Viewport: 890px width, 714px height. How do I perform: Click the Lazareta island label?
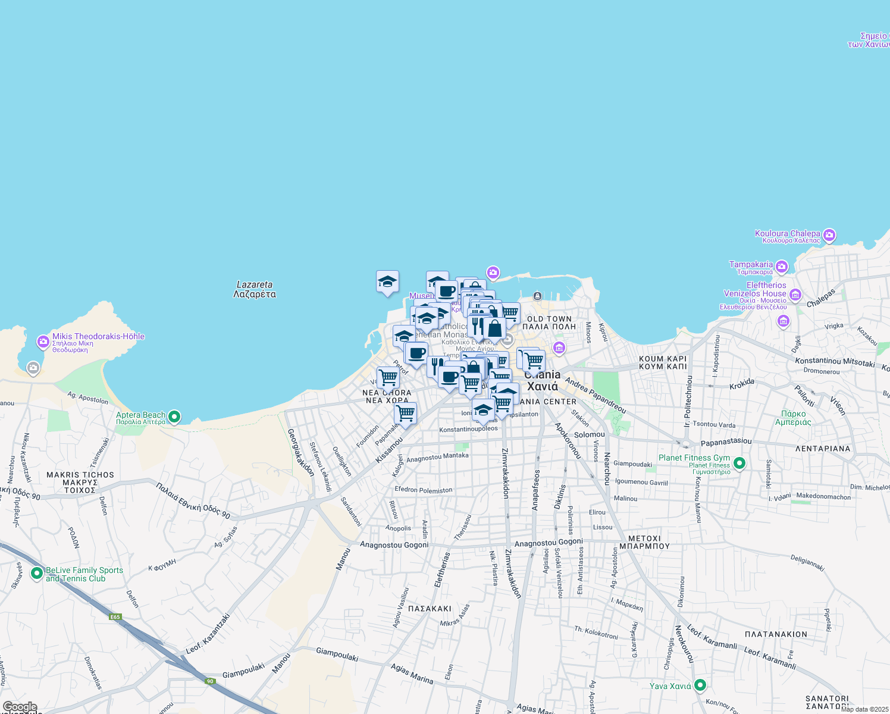point(254,289)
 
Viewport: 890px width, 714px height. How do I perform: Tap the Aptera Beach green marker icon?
point(174,416)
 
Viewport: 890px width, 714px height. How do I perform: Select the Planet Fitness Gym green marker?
point(739,462)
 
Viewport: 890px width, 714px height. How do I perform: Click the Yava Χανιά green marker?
point(700,685)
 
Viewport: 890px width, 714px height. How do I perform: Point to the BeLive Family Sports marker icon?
point(37,574)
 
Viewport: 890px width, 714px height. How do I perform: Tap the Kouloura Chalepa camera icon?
point(829,235)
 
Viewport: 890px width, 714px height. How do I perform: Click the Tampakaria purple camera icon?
point(782,266)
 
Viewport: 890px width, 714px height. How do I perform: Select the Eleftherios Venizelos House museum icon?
point(795,295)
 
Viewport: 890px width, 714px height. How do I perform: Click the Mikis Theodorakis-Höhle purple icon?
point(43,342)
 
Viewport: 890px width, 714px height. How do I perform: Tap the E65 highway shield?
point(115,617)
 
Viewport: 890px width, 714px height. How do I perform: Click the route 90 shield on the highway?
point(210,681)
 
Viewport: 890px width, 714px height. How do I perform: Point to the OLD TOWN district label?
point(549,319)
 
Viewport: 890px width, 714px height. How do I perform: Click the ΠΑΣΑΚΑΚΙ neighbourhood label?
point(430,609)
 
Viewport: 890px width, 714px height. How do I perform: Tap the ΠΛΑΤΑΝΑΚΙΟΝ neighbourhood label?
point(776,634)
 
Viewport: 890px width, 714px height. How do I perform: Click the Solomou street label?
point(589,434)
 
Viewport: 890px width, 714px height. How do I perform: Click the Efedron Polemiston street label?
point(424,490)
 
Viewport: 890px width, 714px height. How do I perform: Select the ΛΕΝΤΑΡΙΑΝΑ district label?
point(823,449)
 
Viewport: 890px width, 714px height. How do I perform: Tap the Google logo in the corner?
point(20,707)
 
